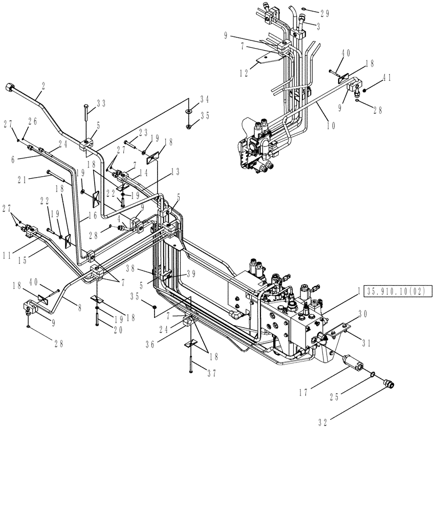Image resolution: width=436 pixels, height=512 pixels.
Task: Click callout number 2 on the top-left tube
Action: [x=43, y=88]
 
